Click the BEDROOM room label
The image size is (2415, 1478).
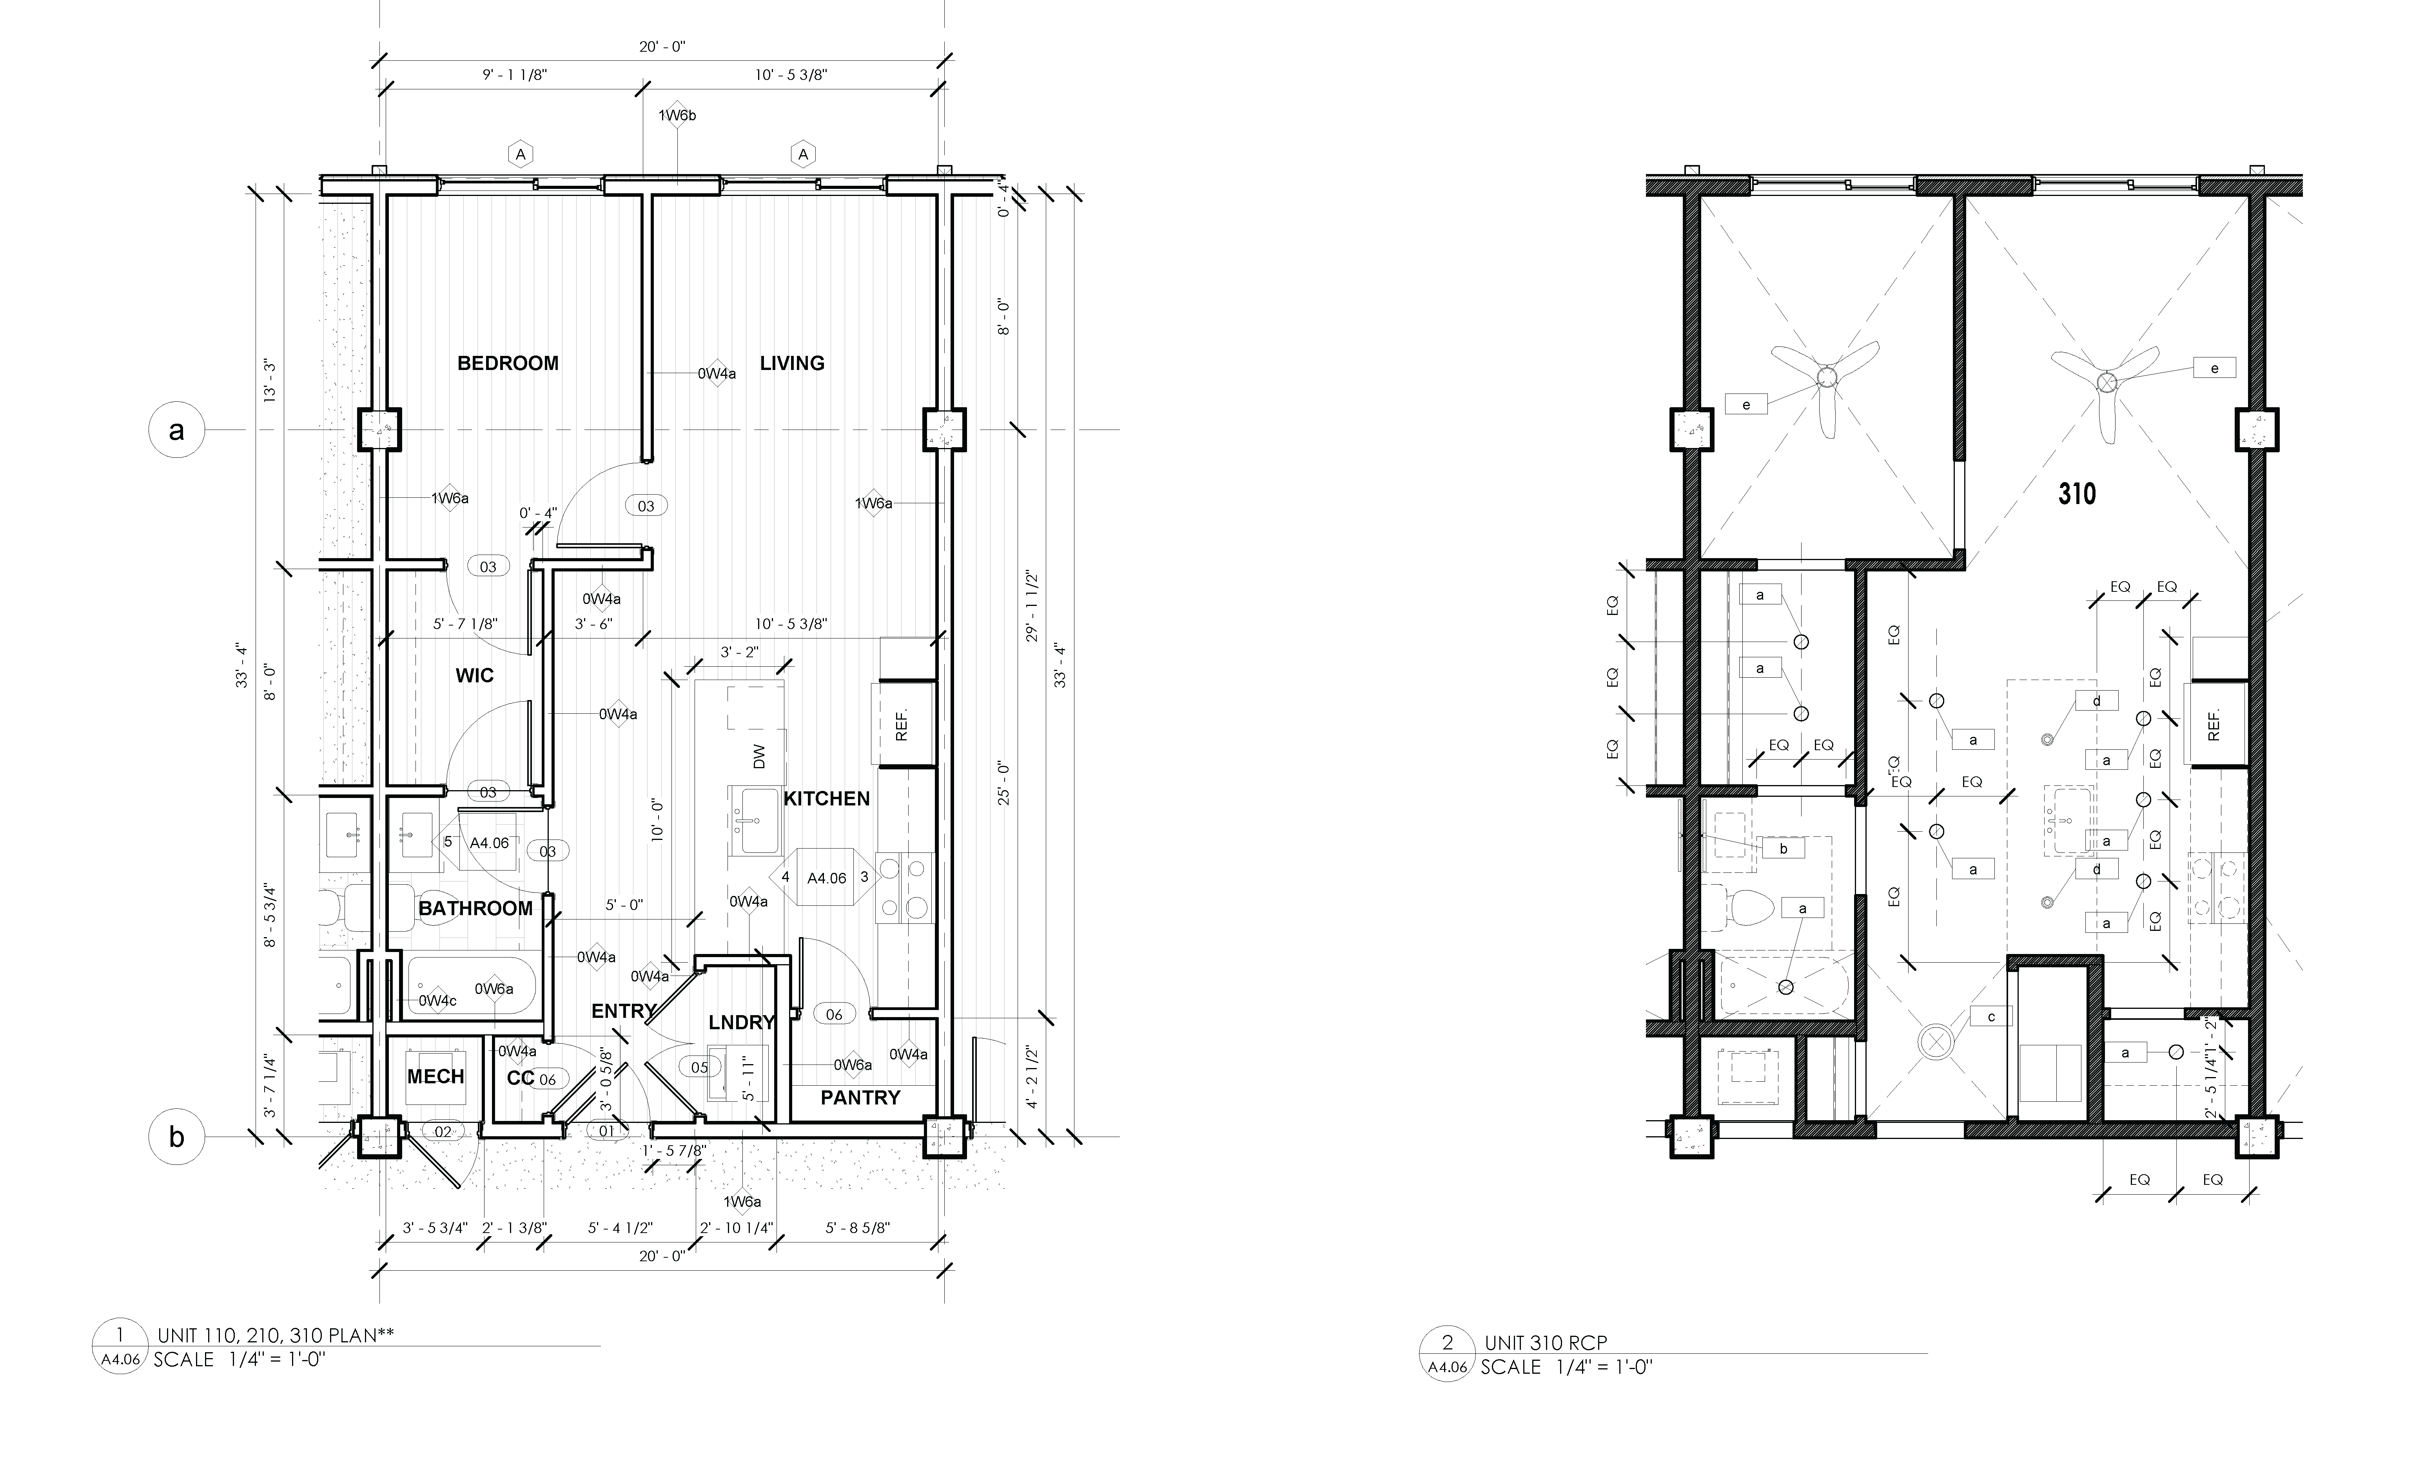(x=508, y=364)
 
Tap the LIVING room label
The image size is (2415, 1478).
(x=792, y=364)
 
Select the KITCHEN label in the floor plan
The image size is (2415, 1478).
(x=826, y=799)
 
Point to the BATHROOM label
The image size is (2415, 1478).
(x=475, y=909)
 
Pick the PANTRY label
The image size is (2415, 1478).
(x=860, y=1098)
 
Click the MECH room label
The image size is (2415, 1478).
(x=435, y=1076)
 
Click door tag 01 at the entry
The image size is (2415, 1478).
(x=607, y=1131)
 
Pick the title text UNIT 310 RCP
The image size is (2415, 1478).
(x=1546, y=1343)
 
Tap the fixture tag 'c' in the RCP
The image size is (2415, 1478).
(x=1992, y=1016)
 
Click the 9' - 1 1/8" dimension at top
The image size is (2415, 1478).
(x=515, y=74)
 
